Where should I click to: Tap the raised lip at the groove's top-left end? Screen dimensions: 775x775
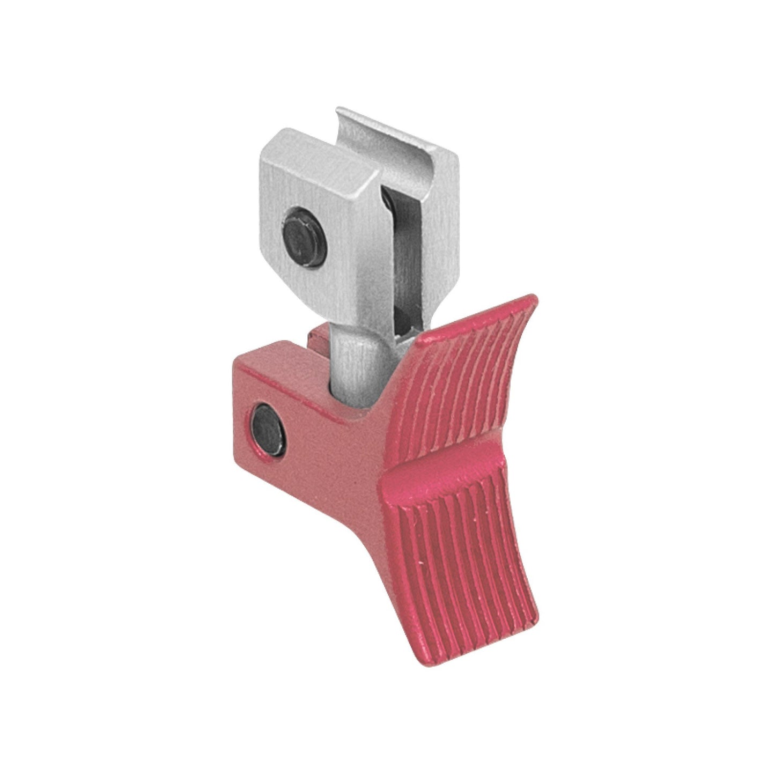(x=339, y=116)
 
